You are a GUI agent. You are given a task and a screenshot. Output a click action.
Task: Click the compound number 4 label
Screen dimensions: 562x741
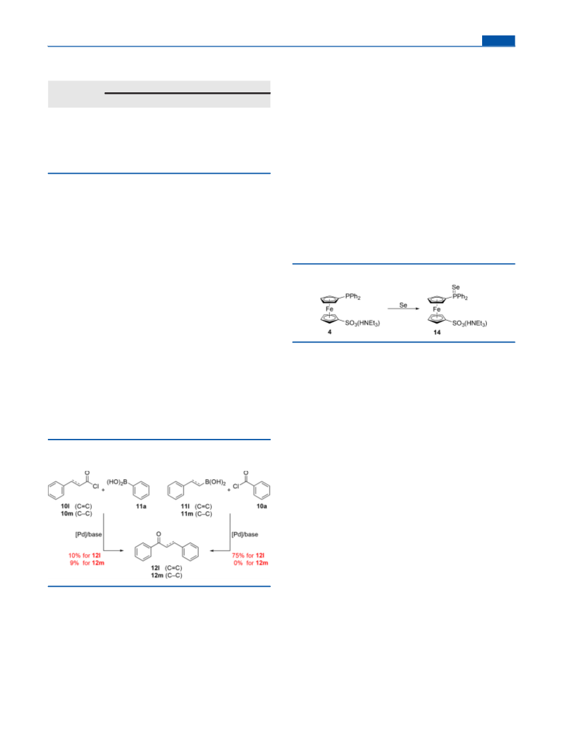pos(329,332)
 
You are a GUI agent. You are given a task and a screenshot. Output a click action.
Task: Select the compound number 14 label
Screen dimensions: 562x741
pos(437,333)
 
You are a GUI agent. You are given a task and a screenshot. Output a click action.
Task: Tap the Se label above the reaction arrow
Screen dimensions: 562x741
pos(403,306)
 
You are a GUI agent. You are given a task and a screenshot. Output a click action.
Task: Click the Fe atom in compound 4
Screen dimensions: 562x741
pos(329,309)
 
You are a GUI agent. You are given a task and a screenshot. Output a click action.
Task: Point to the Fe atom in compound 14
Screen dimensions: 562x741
pos(437,309)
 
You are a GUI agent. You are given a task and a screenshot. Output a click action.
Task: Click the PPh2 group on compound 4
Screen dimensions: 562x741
pos(353,297)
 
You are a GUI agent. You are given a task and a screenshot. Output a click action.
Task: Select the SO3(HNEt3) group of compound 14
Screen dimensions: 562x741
pos(470,323)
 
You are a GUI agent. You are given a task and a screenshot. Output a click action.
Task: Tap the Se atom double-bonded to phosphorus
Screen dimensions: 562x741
pos(456,287)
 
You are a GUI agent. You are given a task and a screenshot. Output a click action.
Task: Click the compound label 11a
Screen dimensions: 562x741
pos(141,506)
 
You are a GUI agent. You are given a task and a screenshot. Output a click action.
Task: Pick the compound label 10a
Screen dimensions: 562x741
pos(261,506)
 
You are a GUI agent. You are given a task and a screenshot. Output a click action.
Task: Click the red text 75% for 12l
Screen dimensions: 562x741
pos(248,556)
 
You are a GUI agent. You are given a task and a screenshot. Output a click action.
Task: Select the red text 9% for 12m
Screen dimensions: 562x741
pos(87,563)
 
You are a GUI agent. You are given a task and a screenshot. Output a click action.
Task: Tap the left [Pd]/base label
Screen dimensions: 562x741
pos(88,535)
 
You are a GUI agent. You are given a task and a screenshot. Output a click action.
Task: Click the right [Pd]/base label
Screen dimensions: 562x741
pos(245,535)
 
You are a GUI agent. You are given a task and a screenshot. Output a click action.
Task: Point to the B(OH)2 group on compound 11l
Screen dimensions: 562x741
pos(215,483)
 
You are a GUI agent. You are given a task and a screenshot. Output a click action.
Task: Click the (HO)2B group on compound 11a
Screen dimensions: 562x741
pos(117,482)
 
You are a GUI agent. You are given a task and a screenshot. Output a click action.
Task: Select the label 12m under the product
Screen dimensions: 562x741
pos(156,575)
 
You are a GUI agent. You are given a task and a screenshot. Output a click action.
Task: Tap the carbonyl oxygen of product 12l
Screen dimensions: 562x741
pos(158,534)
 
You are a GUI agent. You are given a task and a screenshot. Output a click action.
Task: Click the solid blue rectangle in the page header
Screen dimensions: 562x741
pos(498,41)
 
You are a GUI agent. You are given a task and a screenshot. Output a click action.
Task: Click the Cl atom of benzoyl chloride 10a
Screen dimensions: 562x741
pos(236,486)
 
